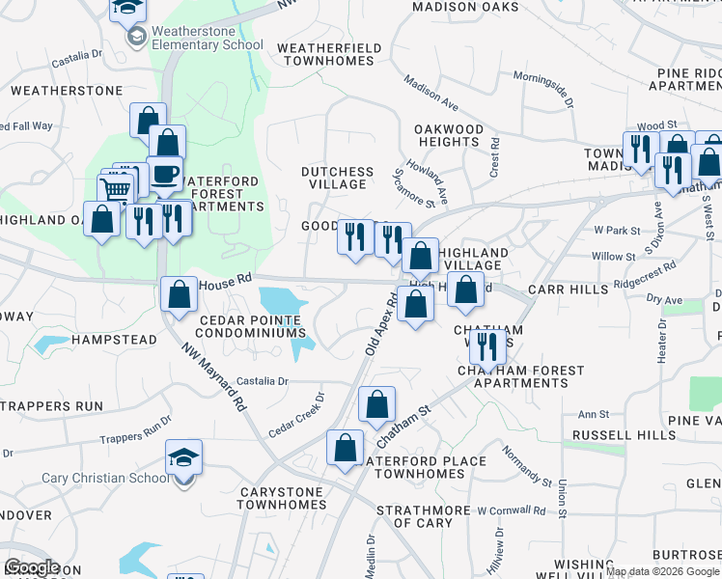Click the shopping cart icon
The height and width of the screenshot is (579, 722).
pos(115,188)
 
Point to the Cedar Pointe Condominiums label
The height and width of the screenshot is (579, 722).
pos(252,325)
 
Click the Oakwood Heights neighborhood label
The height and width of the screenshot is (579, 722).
pos(448,135)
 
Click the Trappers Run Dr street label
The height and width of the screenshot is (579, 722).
pos(135,429)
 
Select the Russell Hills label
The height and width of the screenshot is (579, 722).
pos(624,435)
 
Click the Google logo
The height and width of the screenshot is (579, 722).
pos(32,567)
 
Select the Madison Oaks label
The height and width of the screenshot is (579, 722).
pos(459,7)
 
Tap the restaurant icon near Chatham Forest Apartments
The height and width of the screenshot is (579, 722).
pos(486,346)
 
